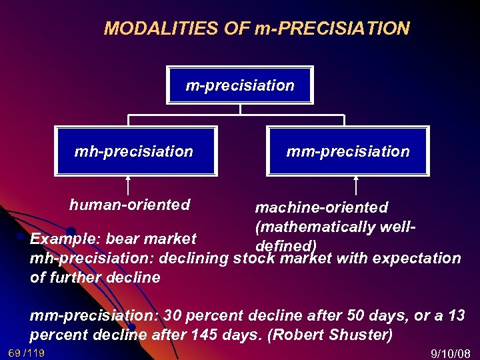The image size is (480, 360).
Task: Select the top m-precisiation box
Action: tap(240, 85)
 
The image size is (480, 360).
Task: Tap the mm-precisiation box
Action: tap(347, 151)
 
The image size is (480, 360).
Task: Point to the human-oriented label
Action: tap(129, 205)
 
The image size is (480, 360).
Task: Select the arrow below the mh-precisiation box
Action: tap(128, 185)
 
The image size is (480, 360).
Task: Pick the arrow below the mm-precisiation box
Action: tap(355, 185)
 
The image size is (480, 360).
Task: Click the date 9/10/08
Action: tap(451, 353)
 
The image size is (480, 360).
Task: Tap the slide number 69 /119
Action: tap(27, 353)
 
